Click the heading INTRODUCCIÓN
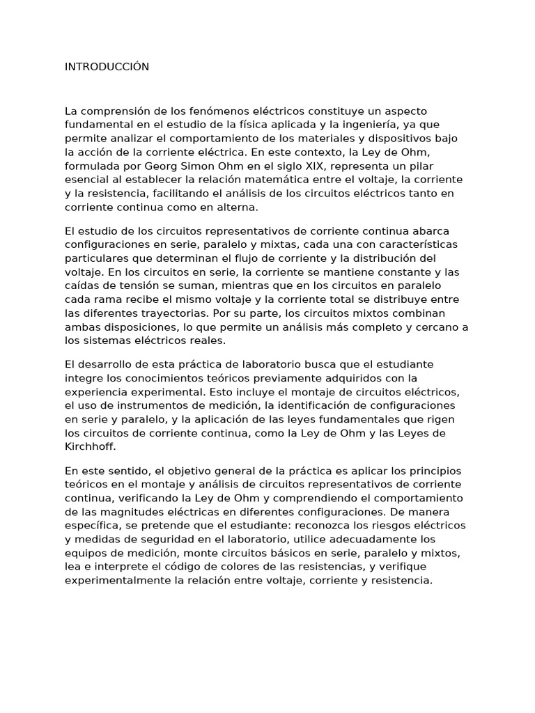tap(107, 67)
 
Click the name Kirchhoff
tap(91, 446)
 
